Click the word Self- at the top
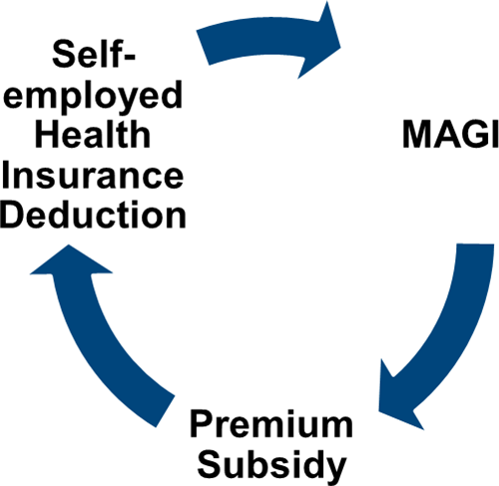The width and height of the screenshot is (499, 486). (x=94, y=54)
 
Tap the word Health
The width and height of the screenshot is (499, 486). (x=93, y=135)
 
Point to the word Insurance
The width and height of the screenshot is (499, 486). (x=93, y=175)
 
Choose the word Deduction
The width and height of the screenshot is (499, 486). (x=93, y=215)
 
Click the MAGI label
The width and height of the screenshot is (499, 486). (x=450, y=135)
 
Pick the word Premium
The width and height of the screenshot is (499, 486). (x=271, y=425)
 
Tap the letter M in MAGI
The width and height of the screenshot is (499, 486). (x=418, y=135)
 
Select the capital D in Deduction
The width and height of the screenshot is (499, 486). (x=13, y=215)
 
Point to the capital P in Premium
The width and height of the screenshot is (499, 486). (x=202, y=424)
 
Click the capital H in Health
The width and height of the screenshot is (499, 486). (x=47, y=135)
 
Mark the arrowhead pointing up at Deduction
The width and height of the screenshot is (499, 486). (x=71, y=262)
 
